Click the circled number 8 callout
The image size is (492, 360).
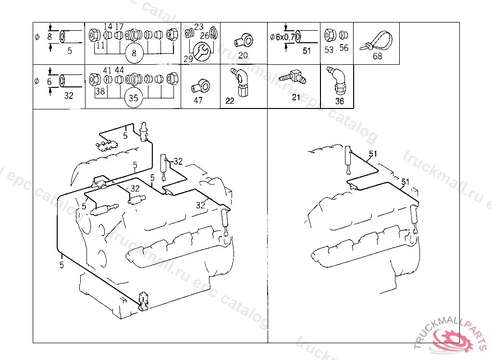click(x=134, y=54)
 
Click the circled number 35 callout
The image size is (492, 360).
click(x=134, y=98)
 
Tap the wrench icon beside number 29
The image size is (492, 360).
click(x=201, y=50)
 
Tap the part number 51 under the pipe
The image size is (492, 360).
click(x=307, y=50)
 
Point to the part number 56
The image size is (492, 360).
click(x=344, y=48)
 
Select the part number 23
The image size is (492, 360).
click(x=198, y=27)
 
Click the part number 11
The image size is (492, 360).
click(x=100, y=46)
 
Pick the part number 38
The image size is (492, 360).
click(x=100, y=91)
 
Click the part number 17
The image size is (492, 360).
click(x=119, y=26)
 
